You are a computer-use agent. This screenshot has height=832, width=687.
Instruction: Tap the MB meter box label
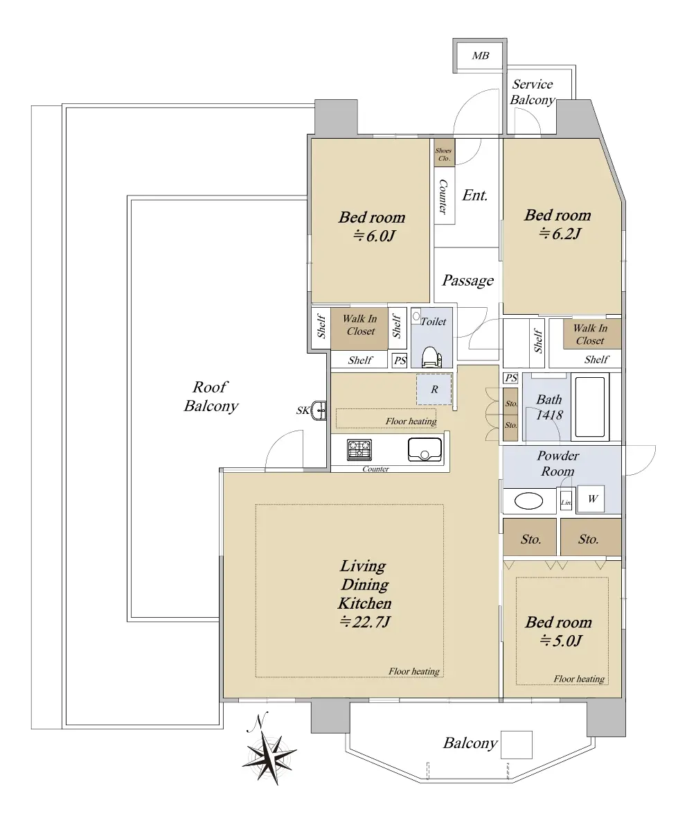click(x=480, y=55)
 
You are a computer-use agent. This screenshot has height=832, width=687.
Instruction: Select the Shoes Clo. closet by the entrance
click(x=444, y=151)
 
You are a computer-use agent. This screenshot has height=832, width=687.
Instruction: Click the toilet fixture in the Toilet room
click(x=431, y=356)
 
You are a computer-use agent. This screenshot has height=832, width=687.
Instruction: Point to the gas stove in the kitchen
click(x=359, y=450)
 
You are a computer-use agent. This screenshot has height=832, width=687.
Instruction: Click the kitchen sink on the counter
click(x=425, y=449)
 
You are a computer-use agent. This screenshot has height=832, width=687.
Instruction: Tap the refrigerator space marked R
click(x=434, y=389)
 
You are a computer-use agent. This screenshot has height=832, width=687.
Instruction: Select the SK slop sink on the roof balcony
click(x=319, y=410)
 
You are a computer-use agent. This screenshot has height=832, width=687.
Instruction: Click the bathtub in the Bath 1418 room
click(x=590, y=406)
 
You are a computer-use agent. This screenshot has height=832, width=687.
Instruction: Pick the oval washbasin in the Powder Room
click(x=528, y=501)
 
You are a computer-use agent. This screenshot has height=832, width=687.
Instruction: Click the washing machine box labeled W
click(x=591, y=499)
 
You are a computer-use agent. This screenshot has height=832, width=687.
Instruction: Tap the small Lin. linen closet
click(x=566, y=503)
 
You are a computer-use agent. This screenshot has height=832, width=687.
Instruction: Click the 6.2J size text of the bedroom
click(x=560, y=233)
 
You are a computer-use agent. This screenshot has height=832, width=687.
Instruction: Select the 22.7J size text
click(x=364, y=622)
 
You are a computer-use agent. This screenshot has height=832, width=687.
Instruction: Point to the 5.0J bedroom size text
click(x=560, y=641)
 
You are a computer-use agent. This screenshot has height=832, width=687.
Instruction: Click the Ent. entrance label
click(x=475, y=195)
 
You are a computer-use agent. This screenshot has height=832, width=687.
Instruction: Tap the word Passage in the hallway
click(x=467, y=281)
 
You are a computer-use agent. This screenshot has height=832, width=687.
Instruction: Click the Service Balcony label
click(x=532, y=92)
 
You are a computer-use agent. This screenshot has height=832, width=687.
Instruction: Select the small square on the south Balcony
click(x=516, y=745)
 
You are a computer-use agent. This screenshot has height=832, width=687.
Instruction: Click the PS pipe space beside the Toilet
click(x=400, y=361)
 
